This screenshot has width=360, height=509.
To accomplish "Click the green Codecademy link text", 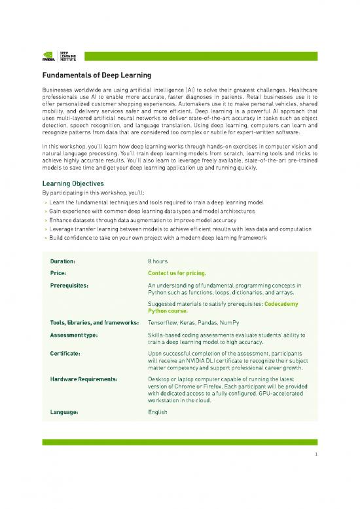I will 282,305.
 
